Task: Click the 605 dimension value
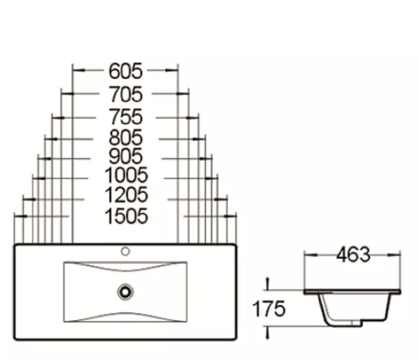[x=126, y=71]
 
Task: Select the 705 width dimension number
[x=126, y=94]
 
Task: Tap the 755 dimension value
[x=126, y=117]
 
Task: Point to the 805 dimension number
[x=126, y=137]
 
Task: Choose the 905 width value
[x=126, y=156]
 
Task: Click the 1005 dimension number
[x=126, y=175]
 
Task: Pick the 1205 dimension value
[x=126, y=195]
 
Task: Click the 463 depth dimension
[x=353, y=255]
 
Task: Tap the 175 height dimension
[x=269, y=309]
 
